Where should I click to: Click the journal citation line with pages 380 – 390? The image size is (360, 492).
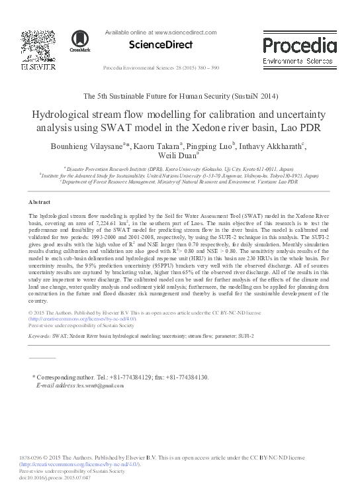[159, 69]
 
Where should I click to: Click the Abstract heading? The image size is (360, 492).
[40, 201]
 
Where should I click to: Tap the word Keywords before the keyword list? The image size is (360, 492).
[40, 336]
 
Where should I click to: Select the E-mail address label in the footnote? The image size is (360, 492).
[56, 385]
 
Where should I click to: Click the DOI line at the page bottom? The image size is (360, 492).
[51, 477]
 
